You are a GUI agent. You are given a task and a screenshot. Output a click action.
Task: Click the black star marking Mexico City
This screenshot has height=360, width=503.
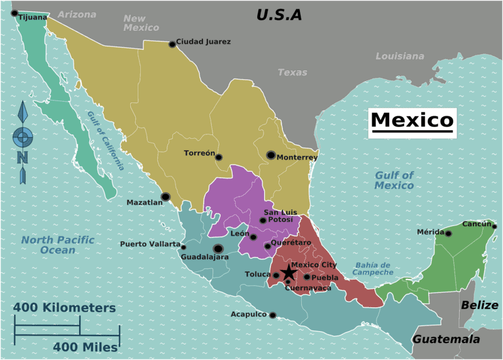point(288,273)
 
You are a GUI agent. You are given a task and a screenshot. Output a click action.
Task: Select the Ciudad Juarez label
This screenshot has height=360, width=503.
point(203,42)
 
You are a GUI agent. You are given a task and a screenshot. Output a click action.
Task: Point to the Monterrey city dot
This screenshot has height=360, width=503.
point(270,155)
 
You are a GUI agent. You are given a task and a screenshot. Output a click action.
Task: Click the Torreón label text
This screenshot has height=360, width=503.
point(199,153)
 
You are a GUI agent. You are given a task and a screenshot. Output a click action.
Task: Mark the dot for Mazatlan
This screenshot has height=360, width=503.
point(165,197)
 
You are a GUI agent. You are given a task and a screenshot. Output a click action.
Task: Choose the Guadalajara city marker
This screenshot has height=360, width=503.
point(218,248)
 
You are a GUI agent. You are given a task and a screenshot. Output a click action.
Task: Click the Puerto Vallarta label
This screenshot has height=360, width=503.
point(150,244)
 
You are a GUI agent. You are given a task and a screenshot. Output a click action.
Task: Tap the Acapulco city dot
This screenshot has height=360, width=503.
point(272,315)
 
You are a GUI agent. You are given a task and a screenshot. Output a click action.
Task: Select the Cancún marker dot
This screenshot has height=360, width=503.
point(494,227)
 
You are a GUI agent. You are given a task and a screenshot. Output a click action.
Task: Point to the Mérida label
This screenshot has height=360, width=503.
point(430,232)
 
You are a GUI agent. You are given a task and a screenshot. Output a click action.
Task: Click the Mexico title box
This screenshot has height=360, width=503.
point(412,120)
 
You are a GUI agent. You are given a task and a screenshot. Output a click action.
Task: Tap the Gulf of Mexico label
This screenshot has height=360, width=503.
point(394,180)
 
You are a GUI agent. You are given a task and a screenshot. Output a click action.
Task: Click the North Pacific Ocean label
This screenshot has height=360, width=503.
point(57,245)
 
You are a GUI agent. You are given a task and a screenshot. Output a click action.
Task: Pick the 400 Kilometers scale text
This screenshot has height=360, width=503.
point(65,308)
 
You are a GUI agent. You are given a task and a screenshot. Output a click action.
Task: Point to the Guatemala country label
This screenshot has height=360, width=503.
point(446,339)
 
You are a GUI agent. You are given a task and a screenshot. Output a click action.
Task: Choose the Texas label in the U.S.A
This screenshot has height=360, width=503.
point(292,72)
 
